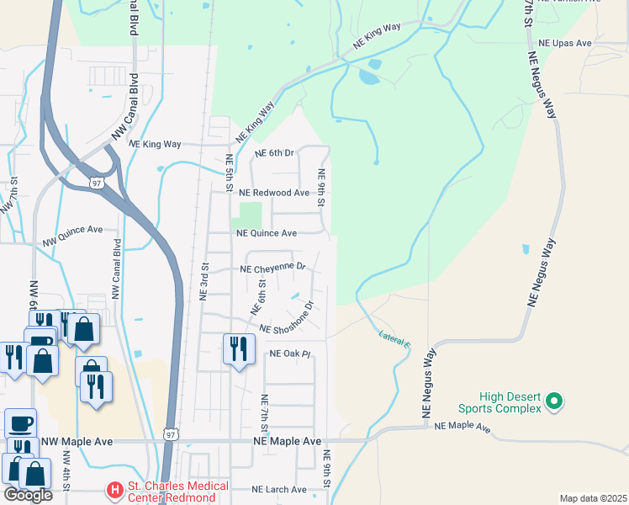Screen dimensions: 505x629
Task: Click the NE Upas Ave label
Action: pyautogui.click(x=565, y=42)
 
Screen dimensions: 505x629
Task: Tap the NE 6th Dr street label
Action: pyautogui.click(x=274, y=153)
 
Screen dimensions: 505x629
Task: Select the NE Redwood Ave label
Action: pyautogui.click(x=273, y=193)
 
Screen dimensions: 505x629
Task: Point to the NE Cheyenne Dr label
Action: pyautogui.click(x=273, y=269)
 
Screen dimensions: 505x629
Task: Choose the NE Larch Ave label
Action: pyautogui.click(x=279, y=489)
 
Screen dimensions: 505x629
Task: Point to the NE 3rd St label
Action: pyautogui.click(x=203, y=282)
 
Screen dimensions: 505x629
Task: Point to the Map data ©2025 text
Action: pyautogui.click(x=592, y=498)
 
